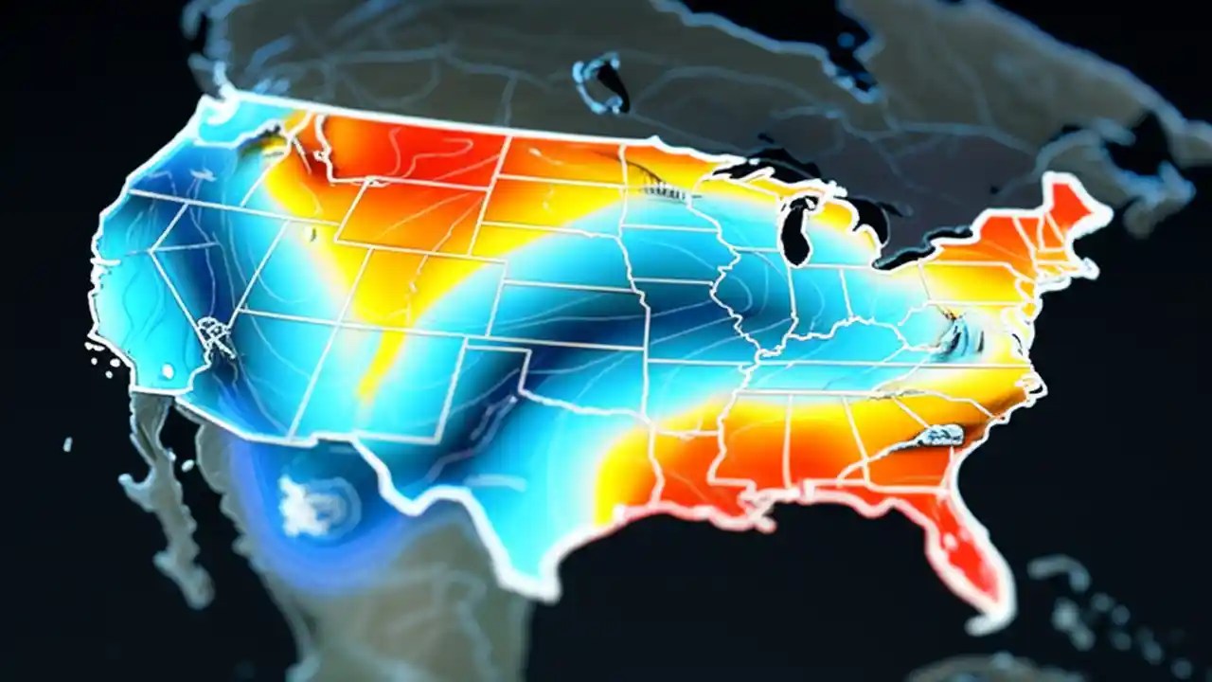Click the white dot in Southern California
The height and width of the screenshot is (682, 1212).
point(168,370)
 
